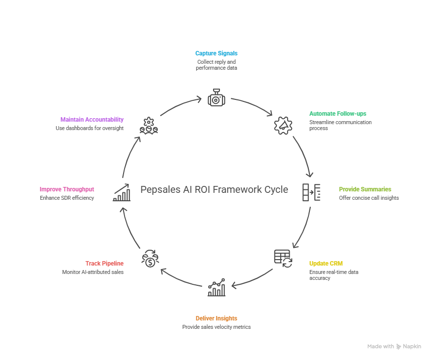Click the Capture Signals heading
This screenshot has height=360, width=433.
click(x=216, y=53)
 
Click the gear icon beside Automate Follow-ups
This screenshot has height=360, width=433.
click(x=283, y=125)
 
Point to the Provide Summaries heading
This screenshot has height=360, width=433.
click(x=365, y=189)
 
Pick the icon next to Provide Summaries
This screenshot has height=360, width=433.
click(x=311, y=192)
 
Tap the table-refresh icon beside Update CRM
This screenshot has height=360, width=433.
click(x=283, y=258)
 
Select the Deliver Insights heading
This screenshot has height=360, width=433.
click(x=216, y=318)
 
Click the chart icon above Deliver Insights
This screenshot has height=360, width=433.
click(x=216, y=287)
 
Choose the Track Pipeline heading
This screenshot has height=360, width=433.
click(x=104, y=264)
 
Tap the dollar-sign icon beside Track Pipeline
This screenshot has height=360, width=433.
click(x=150, y=259)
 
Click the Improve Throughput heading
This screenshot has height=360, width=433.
click(x=67, y=189)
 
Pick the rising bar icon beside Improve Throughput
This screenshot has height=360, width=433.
click(x=122, y=192)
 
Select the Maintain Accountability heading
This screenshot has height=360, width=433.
click(x=92, y=119)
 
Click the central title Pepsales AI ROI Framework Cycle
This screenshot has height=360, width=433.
click(x=214, y=189)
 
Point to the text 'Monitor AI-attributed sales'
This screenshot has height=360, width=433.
click(x=92, y=272)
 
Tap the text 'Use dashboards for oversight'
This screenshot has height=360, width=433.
click(x=89, y=128)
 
